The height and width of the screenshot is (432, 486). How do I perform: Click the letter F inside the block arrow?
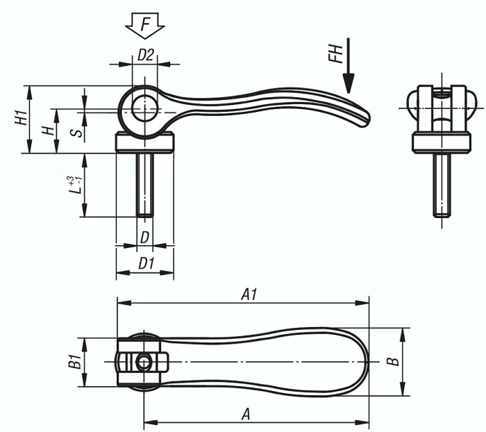[145, 24]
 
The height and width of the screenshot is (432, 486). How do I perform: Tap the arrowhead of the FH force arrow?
[349, 83]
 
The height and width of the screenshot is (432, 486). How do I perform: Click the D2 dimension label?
[145, 55]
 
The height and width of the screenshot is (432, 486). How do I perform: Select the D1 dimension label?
[146, 264]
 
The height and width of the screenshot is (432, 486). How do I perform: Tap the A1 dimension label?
[249, 294]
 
